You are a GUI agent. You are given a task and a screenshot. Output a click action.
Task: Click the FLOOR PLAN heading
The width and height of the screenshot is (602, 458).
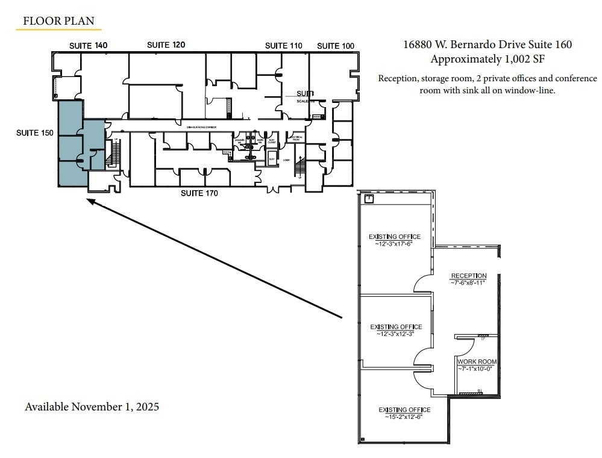point(58,21)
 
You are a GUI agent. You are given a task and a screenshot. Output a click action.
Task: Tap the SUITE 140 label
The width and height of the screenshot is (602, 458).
point(88,46)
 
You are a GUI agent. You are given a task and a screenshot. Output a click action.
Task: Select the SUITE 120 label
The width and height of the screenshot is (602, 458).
point(166,45)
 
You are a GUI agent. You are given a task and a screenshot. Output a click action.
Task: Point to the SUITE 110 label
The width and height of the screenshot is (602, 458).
point(284,46)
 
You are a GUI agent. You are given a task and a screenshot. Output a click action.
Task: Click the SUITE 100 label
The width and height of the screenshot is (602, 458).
point(336,46)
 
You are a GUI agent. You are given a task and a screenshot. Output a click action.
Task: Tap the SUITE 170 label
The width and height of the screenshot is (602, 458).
point(199,193)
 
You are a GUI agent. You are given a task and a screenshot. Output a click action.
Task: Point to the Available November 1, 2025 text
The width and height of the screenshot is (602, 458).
point(92,407)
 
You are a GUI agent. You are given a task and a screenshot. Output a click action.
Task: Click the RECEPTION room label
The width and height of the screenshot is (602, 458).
point(468,276)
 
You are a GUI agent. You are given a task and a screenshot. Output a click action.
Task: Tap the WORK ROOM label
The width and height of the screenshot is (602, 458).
point(477,362)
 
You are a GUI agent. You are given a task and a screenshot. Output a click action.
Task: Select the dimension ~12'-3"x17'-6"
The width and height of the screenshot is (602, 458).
point(395,244)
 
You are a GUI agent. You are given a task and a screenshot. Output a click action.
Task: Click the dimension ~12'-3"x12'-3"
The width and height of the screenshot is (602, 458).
point(395,333)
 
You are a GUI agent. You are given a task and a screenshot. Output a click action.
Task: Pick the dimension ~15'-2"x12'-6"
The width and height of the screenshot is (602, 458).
point(404,416)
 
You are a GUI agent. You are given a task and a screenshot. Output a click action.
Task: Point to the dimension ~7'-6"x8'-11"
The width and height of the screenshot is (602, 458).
point(468,282)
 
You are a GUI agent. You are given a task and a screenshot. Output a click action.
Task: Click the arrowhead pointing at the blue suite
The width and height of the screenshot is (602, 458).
point(91,202)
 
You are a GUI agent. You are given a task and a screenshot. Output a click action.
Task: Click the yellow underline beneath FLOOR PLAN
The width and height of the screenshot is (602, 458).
point(58,29)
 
